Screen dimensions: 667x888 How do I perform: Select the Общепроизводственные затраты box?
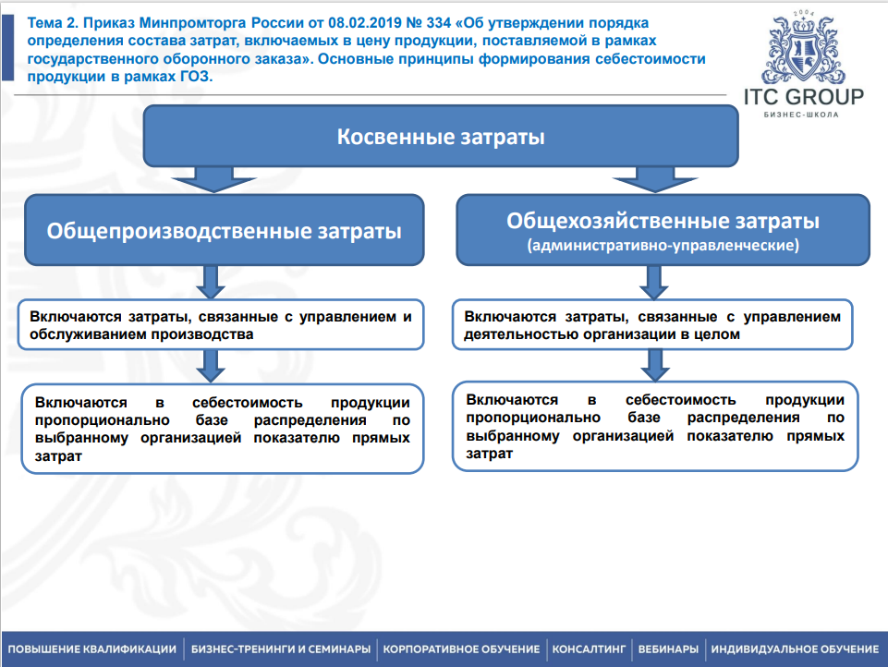coord(225,231)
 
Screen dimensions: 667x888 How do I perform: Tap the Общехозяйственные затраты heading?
coord(663,221)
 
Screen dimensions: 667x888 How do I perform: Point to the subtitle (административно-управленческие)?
coord(663,247)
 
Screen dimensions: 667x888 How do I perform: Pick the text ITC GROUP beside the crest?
coord(803,97)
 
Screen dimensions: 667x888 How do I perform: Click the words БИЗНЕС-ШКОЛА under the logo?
coord(803,115)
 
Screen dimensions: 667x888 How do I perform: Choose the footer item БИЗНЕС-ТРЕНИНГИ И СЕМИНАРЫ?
coord(281,649)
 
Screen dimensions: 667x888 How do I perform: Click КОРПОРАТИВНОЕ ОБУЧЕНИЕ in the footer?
coord(461,649)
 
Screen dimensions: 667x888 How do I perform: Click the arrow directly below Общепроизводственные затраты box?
coord(210,279)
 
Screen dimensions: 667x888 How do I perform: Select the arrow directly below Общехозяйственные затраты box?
coord(651,279)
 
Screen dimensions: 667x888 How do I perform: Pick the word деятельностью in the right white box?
coord(510,334)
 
